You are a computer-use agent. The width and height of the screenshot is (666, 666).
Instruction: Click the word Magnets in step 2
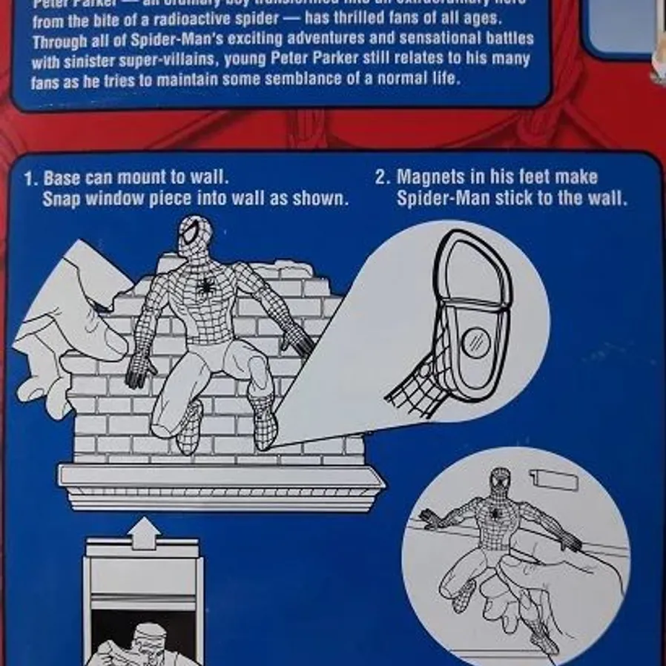click(429, 177)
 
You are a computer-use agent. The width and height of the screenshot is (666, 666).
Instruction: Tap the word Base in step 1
click(63, 179)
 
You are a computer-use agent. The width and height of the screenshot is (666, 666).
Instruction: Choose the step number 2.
click(381, 177)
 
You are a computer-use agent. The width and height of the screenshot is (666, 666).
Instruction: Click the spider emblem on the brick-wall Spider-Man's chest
click(205, 286)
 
